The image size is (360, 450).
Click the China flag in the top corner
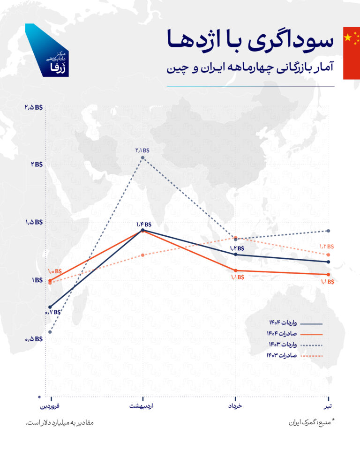coord(351,52)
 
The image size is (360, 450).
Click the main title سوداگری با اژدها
coord(250,40)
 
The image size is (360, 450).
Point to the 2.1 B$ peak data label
coord(142,150)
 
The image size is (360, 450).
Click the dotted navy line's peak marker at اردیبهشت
coord(142,158)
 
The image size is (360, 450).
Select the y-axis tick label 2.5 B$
coord(34,107)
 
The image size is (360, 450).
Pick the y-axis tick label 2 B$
coord(37,165)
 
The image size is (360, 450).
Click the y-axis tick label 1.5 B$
coord(34,223)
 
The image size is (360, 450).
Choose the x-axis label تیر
coord(330,406)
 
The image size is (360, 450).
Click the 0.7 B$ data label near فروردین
coord(52,312)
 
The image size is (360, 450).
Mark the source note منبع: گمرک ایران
coord(311,422)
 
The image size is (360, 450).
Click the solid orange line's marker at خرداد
coord(235,270)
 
